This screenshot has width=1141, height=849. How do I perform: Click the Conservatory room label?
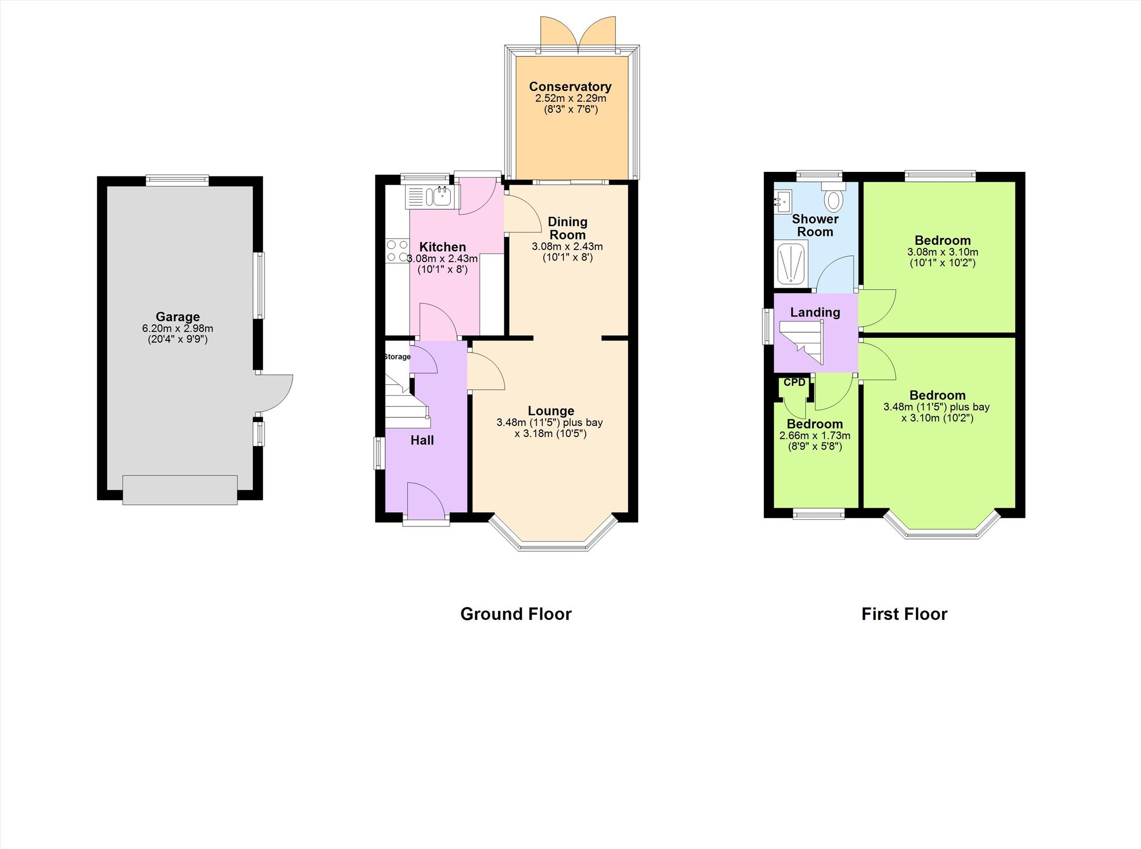point(570,86)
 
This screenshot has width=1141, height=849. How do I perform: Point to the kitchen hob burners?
point(397,251)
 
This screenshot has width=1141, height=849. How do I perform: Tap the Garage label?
point(178,317)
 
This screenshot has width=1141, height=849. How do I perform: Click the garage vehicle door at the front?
point(180,490)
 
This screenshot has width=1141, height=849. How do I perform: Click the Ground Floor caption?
point(515,614)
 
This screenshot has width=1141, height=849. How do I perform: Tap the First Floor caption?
point(904,614)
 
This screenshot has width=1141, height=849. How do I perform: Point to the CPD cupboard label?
point(794,382)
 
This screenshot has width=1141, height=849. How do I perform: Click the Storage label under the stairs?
point(398,356)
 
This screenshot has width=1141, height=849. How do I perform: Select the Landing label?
point(815,312)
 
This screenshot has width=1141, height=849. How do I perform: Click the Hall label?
point(422,440)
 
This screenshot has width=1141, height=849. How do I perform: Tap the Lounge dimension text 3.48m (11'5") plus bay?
point(549,422)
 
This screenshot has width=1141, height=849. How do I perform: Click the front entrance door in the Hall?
point(426,502)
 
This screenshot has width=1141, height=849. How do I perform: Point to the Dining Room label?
point(567,228)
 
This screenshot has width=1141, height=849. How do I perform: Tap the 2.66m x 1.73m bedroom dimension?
point(815,436)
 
